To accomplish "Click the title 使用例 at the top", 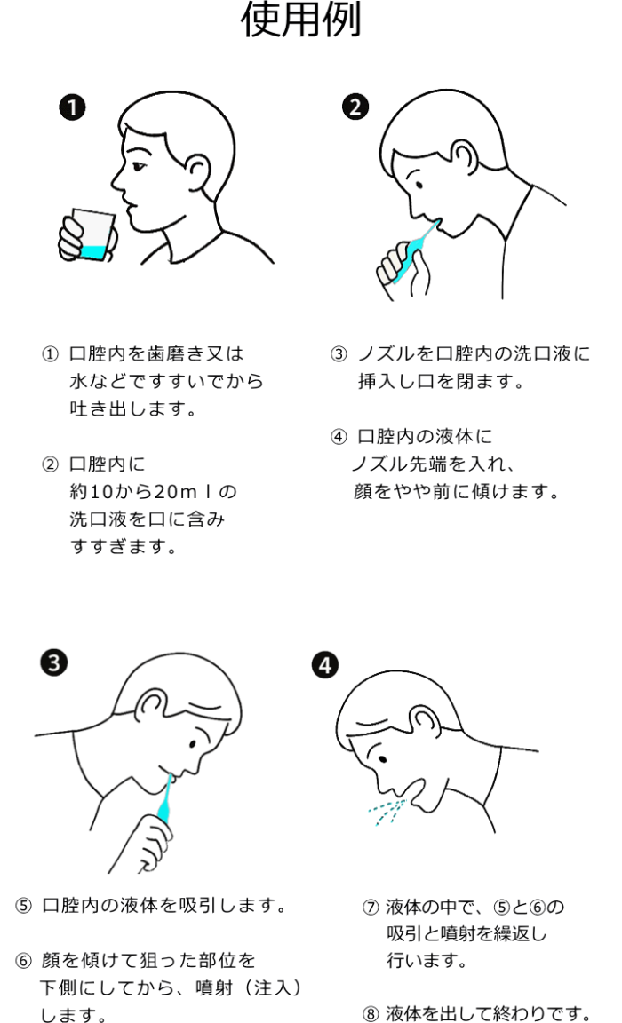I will pos(302,22).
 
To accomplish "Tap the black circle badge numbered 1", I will pos(73,108).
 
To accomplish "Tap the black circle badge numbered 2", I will pos(355,108).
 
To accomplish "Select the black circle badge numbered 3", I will pos(55,662).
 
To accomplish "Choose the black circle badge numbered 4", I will pos(326,665).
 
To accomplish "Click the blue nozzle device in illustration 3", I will pos(164,797).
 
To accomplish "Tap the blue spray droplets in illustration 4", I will pos(387,810).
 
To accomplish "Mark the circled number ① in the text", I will pos(51,354).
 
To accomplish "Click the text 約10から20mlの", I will pos(153,491).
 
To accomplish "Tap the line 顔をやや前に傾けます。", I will pos(456,491).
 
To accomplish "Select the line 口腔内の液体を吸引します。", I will pos(163,907).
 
